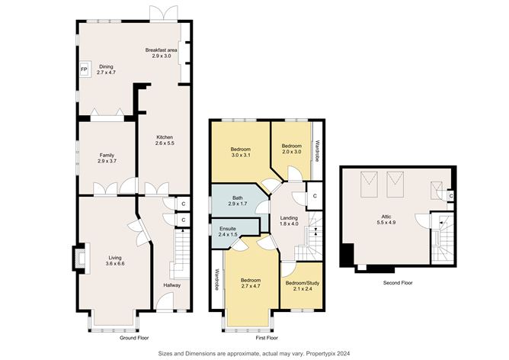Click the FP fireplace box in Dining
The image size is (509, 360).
[x=85, y=69]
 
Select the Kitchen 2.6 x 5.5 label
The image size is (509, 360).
[x=165, y=140]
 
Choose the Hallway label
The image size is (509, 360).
[x=172, y=285]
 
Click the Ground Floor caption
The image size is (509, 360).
[x=135, y=336]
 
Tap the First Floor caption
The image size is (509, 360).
[x=267, y=336]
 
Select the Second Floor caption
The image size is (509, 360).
[x=397, y=282]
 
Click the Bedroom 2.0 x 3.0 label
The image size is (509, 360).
[x=292, y=148]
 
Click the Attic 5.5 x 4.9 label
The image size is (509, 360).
[x=388, y=220]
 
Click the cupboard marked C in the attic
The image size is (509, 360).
[x=451, y=197]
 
